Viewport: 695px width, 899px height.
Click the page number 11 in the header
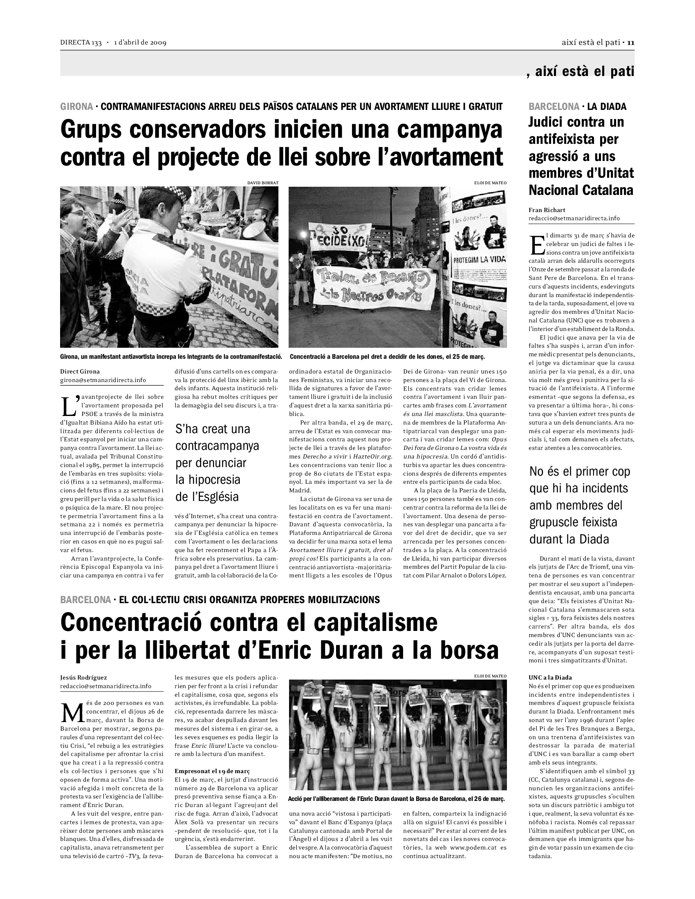click(x=630, y=43)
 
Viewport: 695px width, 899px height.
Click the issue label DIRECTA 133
click(x=81, y=43)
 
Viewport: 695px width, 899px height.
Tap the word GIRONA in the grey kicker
click(x=76, y=107)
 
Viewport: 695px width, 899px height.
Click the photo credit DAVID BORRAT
click(x=263, y=183)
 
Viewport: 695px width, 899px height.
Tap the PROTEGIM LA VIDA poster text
click(x=479, y=260)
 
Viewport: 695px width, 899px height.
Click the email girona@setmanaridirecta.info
click(x=103, y=380)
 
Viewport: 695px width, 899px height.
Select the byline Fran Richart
click(x=547, y=210)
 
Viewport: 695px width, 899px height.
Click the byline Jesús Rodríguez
click(x=83, y=677)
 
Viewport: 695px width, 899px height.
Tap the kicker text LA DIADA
click(x=606, y=107)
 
